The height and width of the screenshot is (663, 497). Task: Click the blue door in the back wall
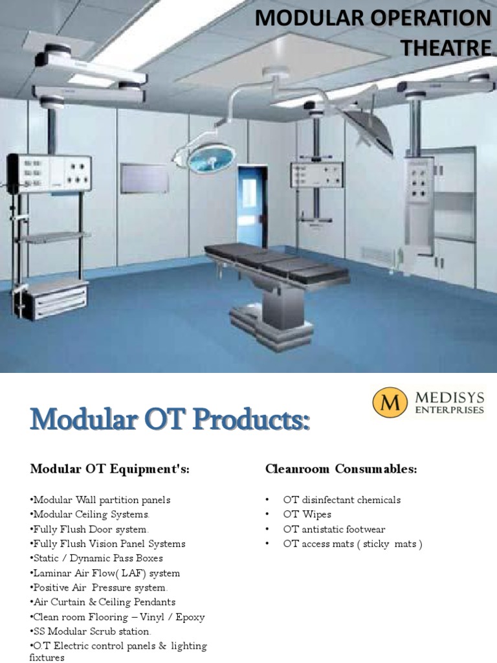251,198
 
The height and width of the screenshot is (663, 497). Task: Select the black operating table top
277,263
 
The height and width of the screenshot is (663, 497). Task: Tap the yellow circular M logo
390,402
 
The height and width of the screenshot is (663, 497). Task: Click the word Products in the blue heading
247,421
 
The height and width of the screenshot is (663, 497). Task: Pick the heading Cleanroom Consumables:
341,469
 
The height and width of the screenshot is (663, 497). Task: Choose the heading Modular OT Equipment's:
110,469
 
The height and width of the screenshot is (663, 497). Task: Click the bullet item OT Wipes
307,514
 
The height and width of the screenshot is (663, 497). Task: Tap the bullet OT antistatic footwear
334,529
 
